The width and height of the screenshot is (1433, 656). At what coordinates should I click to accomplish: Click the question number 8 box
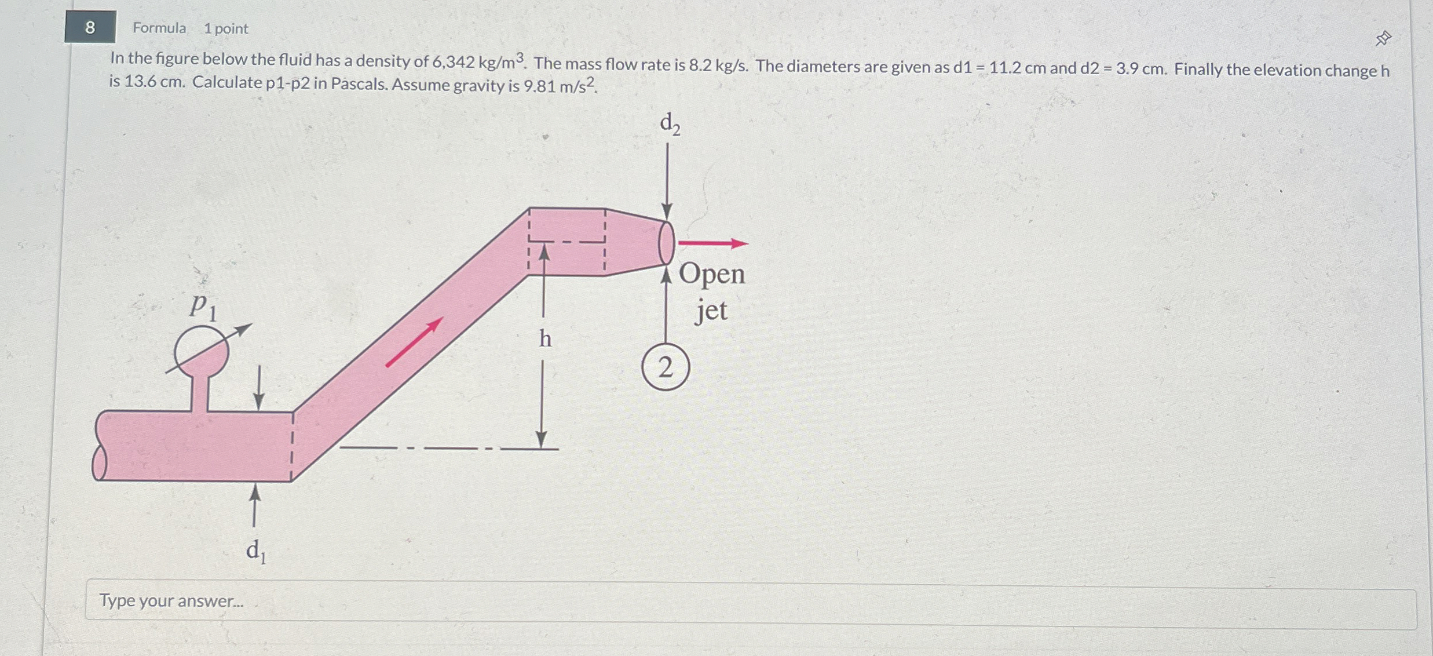[90, 27]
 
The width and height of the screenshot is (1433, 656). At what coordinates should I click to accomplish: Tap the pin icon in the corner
[1383, 39]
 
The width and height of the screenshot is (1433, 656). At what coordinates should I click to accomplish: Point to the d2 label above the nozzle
[670, 124]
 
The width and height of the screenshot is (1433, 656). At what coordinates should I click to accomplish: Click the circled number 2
[666, 367]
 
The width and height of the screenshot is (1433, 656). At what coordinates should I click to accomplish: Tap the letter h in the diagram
[545, 338]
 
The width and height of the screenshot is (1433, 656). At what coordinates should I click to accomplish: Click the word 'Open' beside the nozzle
[711, 274]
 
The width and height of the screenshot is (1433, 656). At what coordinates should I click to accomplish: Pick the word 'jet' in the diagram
[711, 311]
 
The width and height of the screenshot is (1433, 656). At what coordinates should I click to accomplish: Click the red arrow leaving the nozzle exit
[713, 243]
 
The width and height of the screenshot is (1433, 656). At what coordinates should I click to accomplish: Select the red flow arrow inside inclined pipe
[414, 342]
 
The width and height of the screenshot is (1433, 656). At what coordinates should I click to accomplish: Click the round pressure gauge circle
[202, 351]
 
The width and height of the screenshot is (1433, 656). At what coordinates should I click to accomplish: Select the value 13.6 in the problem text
[140, 81]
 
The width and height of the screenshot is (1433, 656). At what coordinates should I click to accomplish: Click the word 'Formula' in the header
[159, 28]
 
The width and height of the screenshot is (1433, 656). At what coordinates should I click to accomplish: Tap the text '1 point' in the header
[226, 28]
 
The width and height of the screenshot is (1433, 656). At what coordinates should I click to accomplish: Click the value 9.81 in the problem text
[539, 87]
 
